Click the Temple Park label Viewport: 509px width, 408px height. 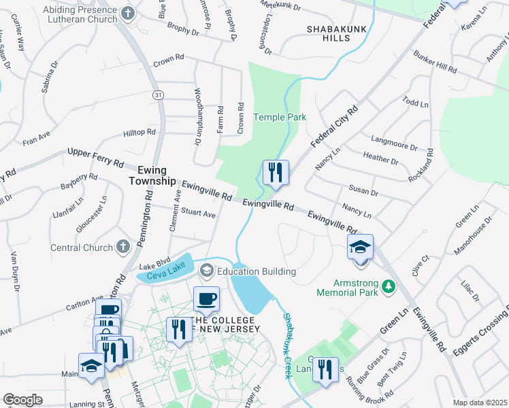point(280,118)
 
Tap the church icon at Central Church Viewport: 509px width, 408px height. point(122,245)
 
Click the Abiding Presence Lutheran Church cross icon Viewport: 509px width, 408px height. point(127,13)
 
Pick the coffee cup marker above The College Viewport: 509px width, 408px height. point(206,299)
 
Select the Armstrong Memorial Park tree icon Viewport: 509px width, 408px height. point(389,287)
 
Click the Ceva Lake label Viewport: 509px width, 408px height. point(160,274)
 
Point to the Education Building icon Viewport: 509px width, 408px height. point(207,271)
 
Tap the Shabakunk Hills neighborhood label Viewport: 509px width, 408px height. point(338,33)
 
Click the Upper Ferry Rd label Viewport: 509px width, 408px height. point(95,158)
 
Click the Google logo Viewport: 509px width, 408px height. point(22,401)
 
